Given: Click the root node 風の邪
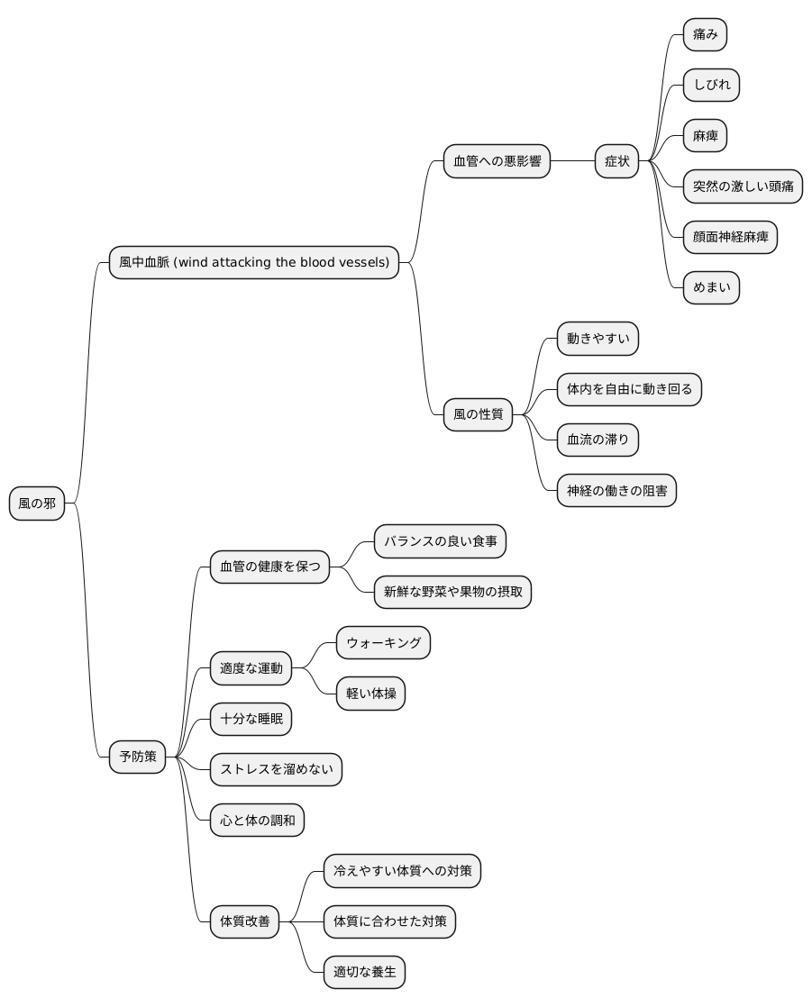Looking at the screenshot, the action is (37, 503).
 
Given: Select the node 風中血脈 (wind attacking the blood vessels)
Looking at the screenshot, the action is (254, 262).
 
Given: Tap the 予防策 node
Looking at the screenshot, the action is (138, 757).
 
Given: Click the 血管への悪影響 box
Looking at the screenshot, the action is (497, 161).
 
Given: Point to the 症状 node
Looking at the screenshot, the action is (616, 161).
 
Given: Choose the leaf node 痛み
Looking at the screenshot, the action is (705, 35).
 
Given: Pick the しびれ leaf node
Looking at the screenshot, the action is (711, 85).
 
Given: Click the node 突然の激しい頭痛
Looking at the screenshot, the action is (743, 186).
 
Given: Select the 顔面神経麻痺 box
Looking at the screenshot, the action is (730, 237).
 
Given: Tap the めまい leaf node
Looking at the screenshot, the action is (711, 287).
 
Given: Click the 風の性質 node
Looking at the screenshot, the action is (478, 414).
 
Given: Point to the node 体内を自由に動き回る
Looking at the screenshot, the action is (629, 389).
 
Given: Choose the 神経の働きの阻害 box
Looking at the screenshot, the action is (616, 491).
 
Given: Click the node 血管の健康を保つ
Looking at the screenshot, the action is (269, 567).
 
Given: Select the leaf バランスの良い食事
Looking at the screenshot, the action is (440, 541).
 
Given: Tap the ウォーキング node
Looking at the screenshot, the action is (384, 643).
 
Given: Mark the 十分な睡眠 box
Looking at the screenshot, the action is (251, 719).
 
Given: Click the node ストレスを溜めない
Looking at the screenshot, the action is (277, 769).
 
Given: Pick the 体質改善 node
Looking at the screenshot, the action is (245, 921).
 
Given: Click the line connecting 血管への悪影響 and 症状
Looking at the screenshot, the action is (572, 161).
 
